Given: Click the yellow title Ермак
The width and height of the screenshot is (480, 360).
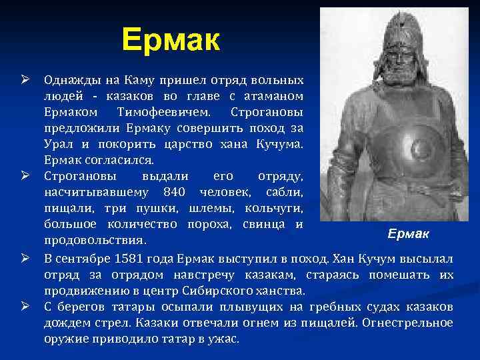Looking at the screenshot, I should (171, 41).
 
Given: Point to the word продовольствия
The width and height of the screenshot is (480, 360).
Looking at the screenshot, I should (95, 239).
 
